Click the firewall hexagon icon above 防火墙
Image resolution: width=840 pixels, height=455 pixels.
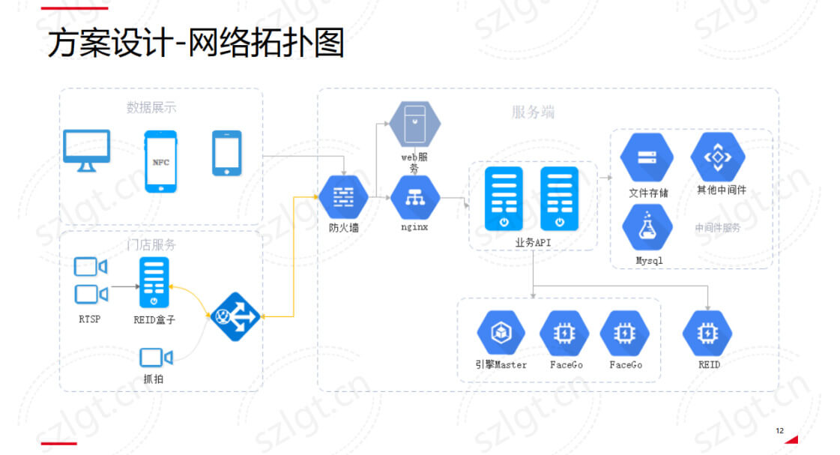(x=343, y=196)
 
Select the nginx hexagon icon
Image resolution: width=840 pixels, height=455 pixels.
(x=414, y=197)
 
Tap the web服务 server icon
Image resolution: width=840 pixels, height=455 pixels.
(x=414, y=124)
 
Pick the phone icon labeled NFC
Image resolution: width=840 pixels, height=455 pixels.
(x=160, y=161)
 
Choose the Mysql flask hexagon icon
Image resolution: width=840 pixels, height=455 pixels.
(x=647, y=229)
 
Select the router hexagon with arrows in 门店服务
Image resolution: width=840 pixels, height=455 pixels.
(x=235, y=316)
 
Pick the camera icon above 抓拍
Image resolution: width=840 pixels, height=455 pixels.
(x=155, y=358)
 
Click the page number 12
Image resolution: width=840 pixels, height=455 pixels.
(x=779, y=431)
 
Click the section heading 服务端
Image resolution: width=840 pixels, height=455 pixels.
(x=533, y=112)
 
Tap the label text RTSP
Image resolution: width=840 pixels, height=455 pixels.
(x=89, y=319)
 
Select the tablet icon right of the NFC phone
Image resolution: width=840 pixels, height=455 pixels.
(x=226, y=153)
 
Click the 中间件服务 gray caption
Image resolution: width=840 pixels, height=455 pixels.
(x=717, y=228)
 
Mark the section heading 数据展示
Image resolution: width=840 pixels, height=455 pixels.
(x=151, y=107)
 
